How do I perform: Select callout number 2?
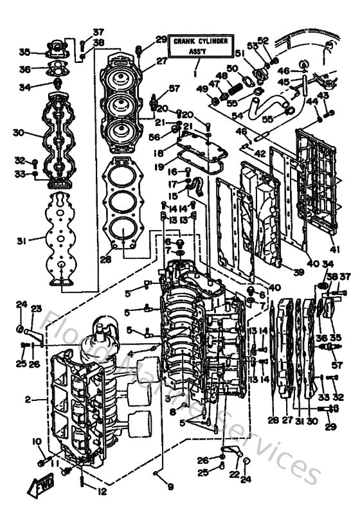coord(28,399)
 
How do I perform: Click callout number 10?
coord(37,441)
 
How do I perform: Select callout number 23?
coord(37,309)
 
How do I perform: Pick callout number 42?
coord(259,155)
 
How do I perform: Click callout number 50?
coord(231,69)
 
